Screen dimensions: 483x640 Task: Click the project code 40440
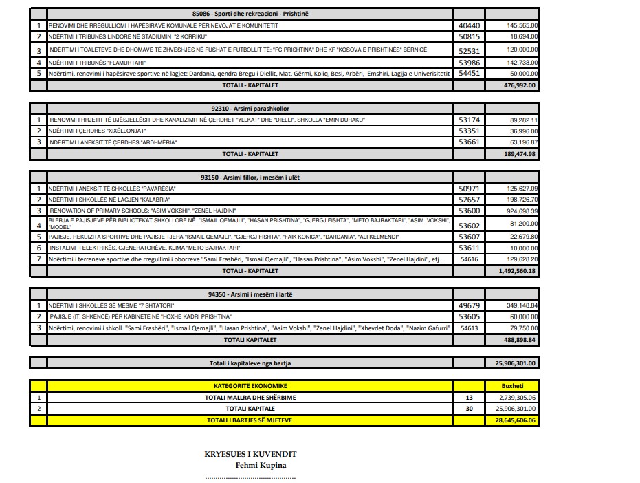(x=469, y=25)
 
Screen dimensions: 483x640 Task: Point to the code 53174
(x=469, y=120)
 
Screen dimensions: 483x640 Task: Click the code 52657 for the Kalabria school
(x=469, y=200)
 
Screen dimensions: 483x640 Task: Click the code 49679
(x=469, y=305)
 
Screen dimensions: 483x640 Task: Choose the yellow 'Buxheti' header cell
(x=513, y=385)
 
